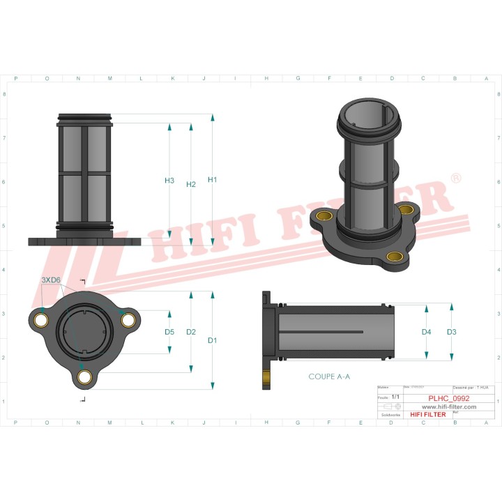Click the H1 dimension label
tap(213, 180)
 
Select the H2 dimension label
tap(191, 185)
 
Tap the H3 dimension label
tap(169, 181)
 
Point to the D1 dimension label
tap(213, 340)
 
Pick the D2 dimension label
tap(191, 332)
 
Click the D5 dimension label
tap(169, 332)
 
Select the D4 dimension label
tap(427, 332)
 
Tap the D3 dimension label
tap(452, 332)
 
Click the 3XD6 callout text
tap(51, 280)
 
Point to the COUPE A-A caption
tap(329, 376)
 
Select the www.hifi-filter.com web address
tap(448, 406)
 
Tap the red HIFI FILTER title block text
tap(427, 414)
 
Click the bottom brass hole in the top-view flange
tap(85, 376)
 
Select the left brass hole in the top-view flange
tap(42, 320)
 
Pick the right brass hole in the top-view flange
tap(128, 320)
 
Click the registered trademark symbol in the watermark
tap(455, 179)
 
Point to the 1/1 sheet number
tap(396, 396)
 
